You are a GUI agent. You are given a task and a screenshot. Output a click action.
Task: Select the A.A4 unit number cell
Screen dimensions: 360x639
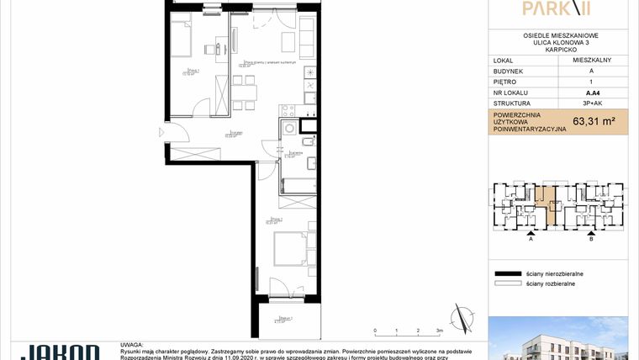coord(593,93)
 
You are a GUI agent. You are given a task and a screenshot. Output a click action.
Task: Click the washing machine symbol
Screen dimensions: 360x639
coord(290,128)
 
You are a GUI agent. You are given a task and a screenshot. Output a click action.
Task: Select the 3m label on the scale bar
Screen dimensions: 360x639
coord(440,331)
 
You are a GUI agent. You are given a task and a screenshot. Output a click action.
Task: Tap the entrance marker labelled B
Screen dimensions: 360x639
coord(591,239)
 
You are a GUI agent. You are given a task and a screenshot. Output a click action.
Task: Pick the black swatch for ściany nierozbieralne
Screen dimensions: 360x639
coord(507,274)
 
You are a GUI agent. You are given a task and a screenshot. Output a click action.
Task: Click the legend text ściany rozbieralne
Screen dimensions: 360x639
coord(551,284)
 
